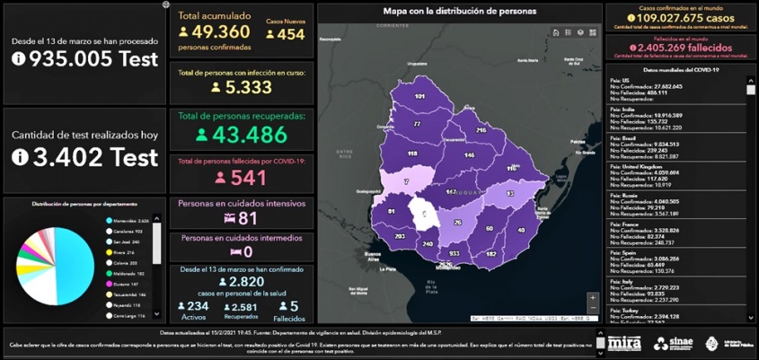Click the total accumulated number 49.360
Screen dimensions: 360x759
click(x=221, y=32)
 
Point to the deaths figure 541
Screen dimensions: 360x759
click(x=242, y=177)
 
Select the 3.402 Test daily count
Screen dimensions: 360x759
click(x=85, y=156)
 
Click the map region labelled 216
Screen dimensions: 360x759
click(x=481, y=130)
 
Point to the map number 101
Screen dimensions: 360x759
click(x=419, y=96)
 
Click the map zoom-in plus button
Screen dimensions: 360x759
click(x=592, y=297)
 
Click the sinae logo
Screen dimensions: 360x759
click(x=673, y=343)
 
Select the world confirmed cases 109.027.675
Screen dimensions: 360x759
click(x=679, y=17)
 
